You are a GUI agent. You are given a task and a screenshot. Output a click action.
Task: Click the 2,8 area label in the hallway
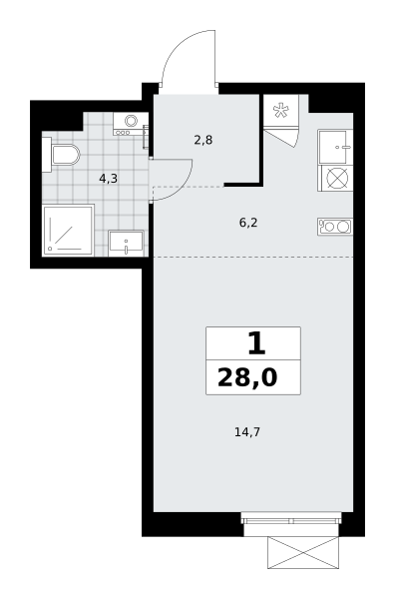[x=203, y=141]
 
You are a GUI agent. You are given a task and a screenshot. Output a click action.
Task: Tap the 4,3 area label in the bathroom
[x=108, y=179]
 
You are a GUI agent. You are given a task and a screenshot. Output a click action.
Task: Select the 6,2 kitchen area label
[x=248, y=223]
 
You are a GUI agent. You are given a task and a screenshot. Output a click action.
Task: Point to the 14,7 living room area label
[x=247, y=432]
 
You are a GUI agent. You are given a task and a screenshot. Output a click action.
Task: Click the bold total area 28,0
[x=247, y=378]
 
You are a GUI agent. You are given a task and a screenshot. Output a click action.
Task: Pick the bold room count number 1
[x=256, y=343]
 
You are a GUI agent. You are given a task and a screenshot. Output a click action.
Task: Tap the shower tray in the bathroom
[x=68, y=231]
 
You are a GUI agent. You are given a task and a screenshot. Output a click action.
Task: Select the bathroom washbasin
[x=126, y=243]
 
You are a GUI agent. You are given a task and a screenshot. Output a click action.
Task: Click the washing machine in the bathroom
[x=131, y=124]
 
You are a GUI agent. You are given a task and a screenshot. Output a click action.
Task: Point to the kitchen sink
[x=335, y=147]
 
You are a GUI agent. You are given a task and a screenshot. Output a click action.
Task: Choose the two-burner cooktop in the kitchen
[x=335, y=227]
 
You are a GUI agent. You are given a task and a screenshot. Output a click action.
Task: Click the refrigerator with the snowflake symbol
[x=281, y=111]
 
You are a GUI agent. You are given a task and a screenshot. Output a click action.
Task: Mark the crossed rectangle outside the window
[x=303, y=553]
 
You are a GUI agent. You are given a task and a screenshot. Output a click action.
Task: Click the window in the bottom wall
[x=291, y=520]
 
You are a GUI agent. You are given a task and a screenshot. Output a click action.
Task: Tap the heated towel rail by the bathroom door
[x=145, y=137]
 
